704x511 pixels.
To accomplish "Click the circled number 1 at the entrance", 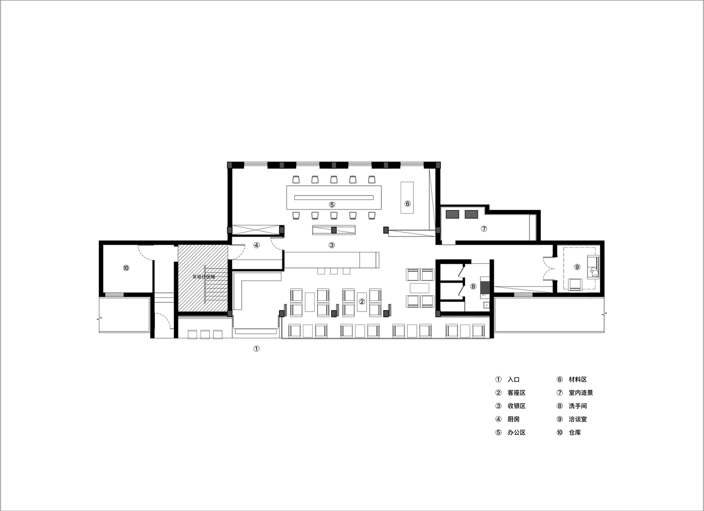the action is coord(256,349).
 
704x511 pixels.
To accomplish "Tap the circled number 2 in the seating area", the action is coord(362,301).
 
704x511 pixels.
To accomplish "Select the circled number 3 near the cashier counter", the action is coord(332,245).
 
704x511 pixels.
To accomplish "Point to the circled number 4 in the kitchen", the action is coord(256,245).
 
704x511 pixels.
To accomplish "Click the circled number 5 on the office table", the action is coord(332,204).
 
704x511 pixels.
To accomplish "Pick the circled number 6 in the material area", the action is coord(407,204).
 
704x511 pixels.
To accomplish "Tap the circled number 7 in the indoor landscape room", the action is coord(484,228).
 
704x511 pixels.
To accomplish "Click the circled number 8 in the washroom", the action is coord(473,286).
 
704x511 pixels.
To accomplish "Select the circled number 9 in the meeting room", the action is coord(577,267).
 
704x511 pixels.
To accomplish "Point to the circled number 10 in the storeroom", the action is coord(126,268).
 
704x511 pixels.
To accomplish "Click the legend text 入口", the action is coord(514,380).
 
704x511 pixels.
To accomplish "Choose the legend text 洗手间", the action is coord(578,406).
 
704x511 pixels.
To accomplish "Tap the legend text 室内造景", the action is coord(581,392).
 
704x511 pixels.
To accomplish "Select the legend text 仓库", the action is coord(575,432).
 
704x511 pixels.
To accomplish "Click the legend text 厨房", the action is coord(514,419).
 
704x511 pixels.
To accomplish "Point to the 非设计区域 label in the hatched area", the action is coord(204,277).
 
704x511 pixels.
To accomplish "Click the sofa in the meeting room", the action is coord(593,267).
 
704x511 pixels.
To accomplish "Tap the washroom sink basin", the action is coord(486,305).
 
